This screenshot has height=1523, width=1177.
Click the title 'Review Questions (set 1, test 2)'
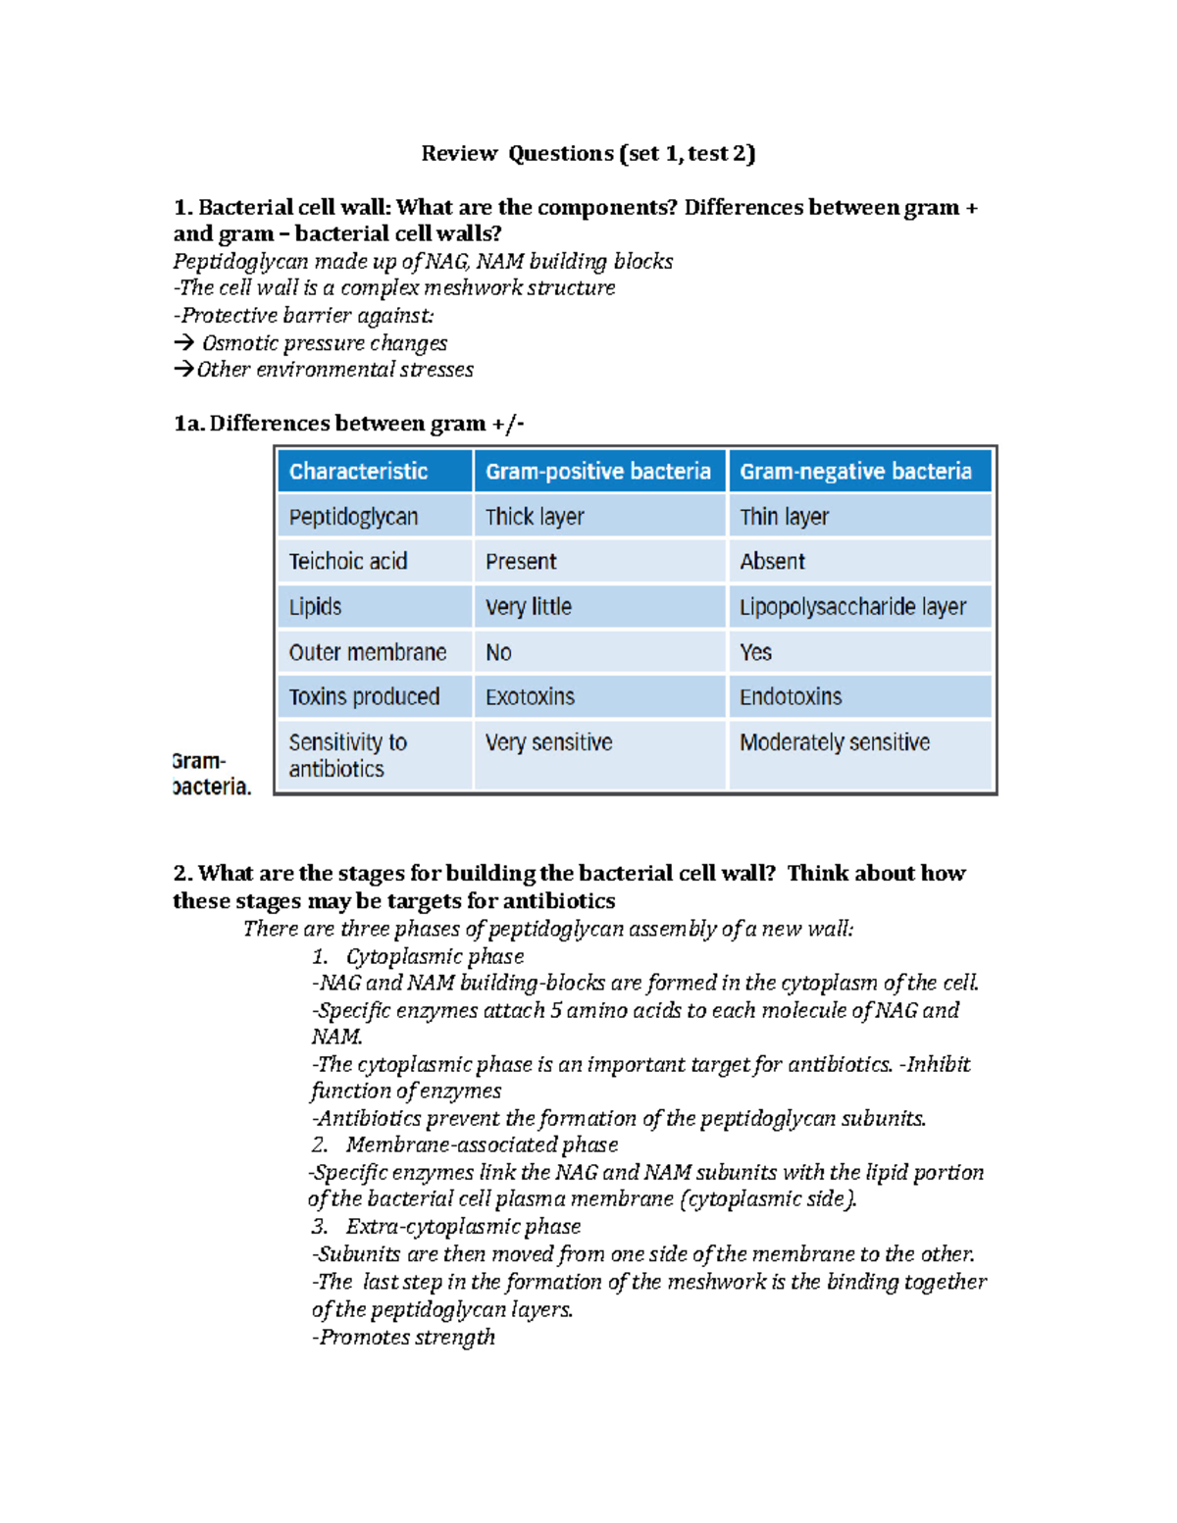tap(588, 153)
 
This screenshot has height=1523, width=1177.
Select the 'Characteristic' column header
tap(358, 472)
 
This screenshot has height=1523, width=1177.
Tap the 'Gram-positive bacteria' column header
tap(597, 472)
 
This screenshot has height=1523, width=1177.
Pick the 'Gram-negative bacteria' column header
tap(855, 472)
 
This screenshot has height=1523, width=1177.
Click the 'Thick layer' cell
tap(535, 517)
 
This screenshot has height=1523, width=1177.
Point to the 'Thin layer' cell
tap(784, 517)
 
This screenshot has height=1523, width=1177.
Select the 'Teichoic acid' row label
tap(347, 562)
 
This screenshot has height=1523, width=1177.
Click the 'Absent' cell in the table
tap(772, 562)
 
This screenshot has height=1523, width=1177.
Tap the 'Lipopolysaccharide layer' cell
tap(852, 607)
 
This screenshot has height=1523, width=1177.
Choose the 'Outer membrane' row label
tap(367, 652)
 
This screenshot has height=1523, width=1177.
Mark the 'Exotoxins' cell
tap(530, 697)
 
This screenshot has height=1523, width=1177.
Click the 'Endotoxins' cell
tap(791, 697)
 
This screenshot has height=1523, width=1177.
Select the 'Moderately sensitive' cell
tap(835, 742)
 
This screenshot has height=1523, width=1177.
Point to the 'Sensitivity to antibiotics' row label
tap(347, 755)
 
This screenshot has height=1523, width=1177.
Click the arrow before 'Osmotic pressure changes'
tap(183, 343)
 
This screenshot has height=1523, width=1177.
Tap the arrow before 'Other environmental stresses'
tap(183, 370)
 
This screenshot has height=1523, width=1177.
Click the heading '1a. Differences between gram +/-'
tap(348, 424)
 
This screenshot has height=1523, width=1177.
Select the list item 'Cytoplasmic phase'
tap(435, 956)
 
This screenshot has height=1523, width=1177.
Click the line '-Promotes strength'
tap(403, 1337)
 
